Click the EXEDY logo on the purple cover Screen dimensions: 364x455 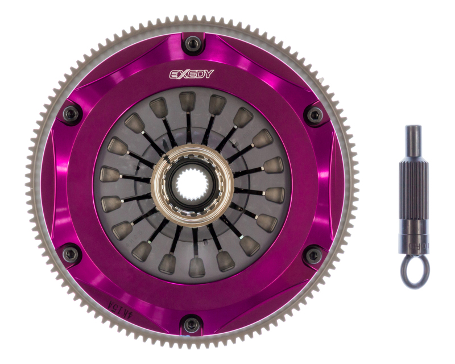192,74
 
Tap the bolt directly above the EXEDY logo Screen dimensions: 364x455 192,42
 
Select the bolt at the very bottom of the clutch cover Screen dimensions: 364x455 192,325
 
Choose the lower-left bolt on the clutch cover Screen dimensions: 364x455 71,254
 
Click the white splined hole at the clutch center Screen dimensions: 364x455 192,183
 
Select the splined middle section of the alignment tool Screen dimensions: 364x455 413,182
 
